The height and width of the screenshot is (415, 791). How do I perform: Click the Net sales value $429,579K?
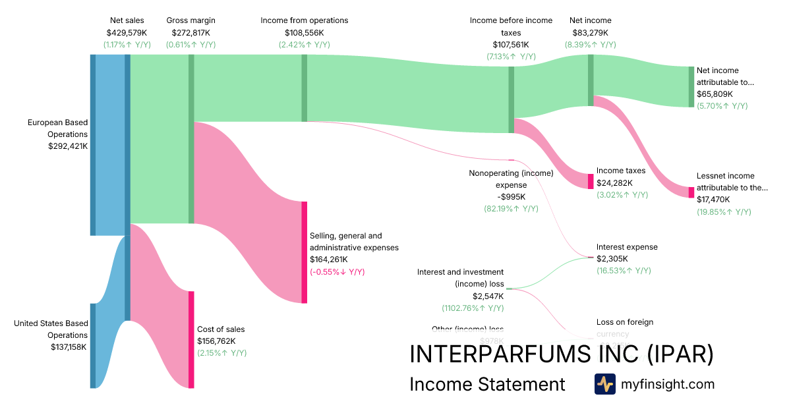pyautogui.click(x=127, y=32)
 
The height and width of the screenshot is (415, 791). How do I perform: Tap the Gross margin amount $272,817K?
pyautogui.click(x=191, y=32)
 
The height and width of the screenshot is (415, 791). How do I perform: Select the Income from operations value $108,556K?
pyautogui.click(x=304, y=32)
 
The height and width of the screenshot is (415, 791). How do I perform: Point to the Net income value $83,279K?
pyautogui.click(x=590, y=32)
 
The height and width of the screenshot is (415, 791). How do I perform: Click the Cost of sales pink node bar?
pyautogui.click(x=191, y=339)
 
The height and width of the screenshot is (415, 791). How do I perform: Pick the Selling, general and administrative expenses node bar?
pyautogui.click(x=305, y=252)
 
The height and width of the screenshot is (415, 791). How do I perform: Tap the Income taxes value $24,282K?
pyautogui.click(x=614, y=183)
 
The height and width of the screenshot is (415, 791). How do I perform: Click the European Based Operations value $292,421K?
pyautogui.click(x=68, y=146)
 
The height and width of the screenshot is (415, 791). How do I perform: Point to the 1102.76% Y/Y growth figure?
pyautogui.click(x=473, y=308)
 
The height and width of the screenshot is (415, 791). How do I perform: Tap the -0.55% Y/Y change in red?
pyautogui.click(x=337, y=271)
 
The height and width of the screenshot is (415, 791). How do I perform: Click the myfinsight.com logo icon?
pyautogui.click(x=604, y=384)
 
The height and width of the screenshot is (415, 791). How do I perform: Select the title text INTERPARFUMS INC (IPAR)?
pyautogui.click(x=561, y=354)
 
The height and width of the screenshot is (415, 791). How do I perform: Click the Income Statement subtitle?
pyautogui.click(x=487, y=384)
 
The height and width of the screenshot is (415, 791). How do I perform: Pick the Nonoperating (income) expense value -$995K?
pyautogui.click(x=512, y=197)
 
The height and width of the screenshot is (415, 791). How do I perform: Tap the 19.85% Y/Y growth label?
pyautogui.click(x=724, y=211)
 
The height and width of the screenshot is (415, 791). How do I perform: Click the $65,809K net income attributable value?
pyautogui.click(x=716, y=94)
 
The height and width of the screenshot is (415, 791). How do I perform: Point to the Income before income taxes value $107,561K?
pyautogui.click(x=511, y=45)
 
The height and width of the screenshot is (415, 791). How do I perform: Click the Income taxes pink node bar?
pyautogui.click(x=591, y=181)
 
